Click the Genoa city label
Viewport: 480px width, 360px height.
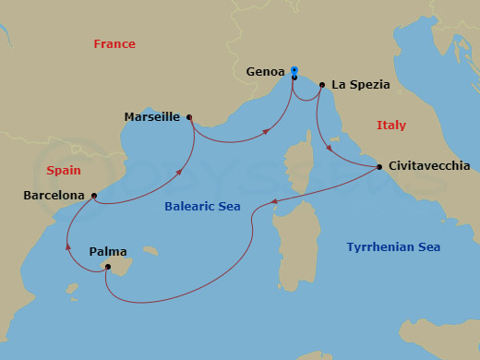[x=266, y=70]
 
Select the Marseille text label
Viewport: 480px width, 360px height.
[x=152, y=117]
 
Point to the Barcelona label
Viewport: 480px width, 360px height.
[x=55, y=196]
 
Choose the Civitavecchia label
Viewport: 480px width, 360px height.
[x=428, y=166]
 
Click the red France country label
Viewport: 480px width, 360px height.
[x=114, y=44]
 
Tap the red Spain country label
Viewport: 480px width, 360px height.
[x=63, y=171]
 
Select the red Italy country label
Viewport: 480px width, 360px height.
[x=391, y=126]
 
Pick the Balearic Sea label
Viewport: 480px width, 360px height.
[x=202, y=207]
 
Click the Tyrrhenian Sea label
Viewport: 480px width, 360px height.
[x=393, y=247]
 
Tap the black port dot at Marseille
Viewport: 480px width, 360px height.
[x=189, y=117]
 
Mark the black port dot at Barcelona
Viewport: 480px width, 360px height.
[x=94, y=196]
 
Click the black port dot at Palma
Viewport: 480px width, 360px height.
[x=108, y=268]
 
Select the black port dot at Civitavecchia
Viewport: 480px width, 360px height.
[x=380, y=167]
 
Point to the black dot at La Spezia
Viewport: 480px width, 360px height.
[x=321, y=85]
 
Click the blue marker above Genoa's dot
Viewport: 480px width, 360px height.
[x=294, y=69]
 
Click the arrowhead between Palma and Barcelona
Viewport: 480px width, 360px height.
[x=67, y=245]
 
